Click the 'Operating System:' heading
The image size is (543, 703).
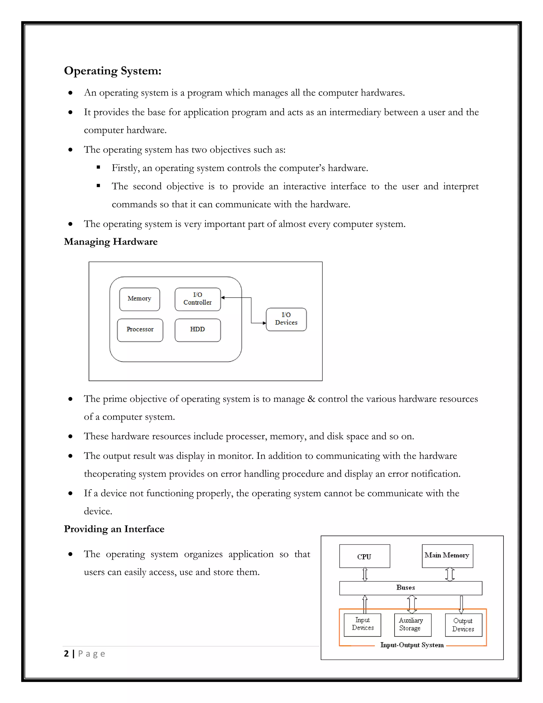click(x=113, y=71)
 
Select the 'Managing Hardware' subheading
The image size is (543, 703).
click(x=111, y=242)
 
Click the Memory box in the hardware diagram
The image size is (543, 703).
click(x=139, y=299)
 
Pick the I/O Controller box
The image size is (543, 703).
click(x=198, y=299)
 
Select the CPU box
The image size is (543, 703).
click(x=365, y=556)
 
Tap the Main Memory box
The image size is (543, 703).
click(x=447, y=556)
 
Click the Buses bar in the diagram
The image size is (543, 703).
click(x=410, y=588)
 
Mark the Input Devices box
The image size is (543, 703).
click(x=362, y=625)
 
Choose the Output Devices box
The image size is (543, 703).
click(x=463, y=625)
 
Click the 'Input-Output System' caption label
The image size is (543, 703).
click(x=412, y=645)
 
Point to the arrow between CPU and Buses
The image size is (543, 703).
click(x=365, y=574)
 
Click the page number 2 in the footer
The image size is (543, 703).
click(x=66, y=654)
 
